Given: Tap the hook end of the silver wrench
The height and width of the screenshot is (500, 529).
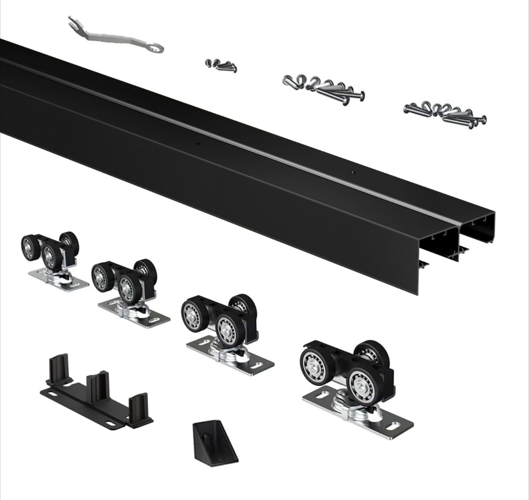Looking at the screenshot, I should click(x=157, y=47).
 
